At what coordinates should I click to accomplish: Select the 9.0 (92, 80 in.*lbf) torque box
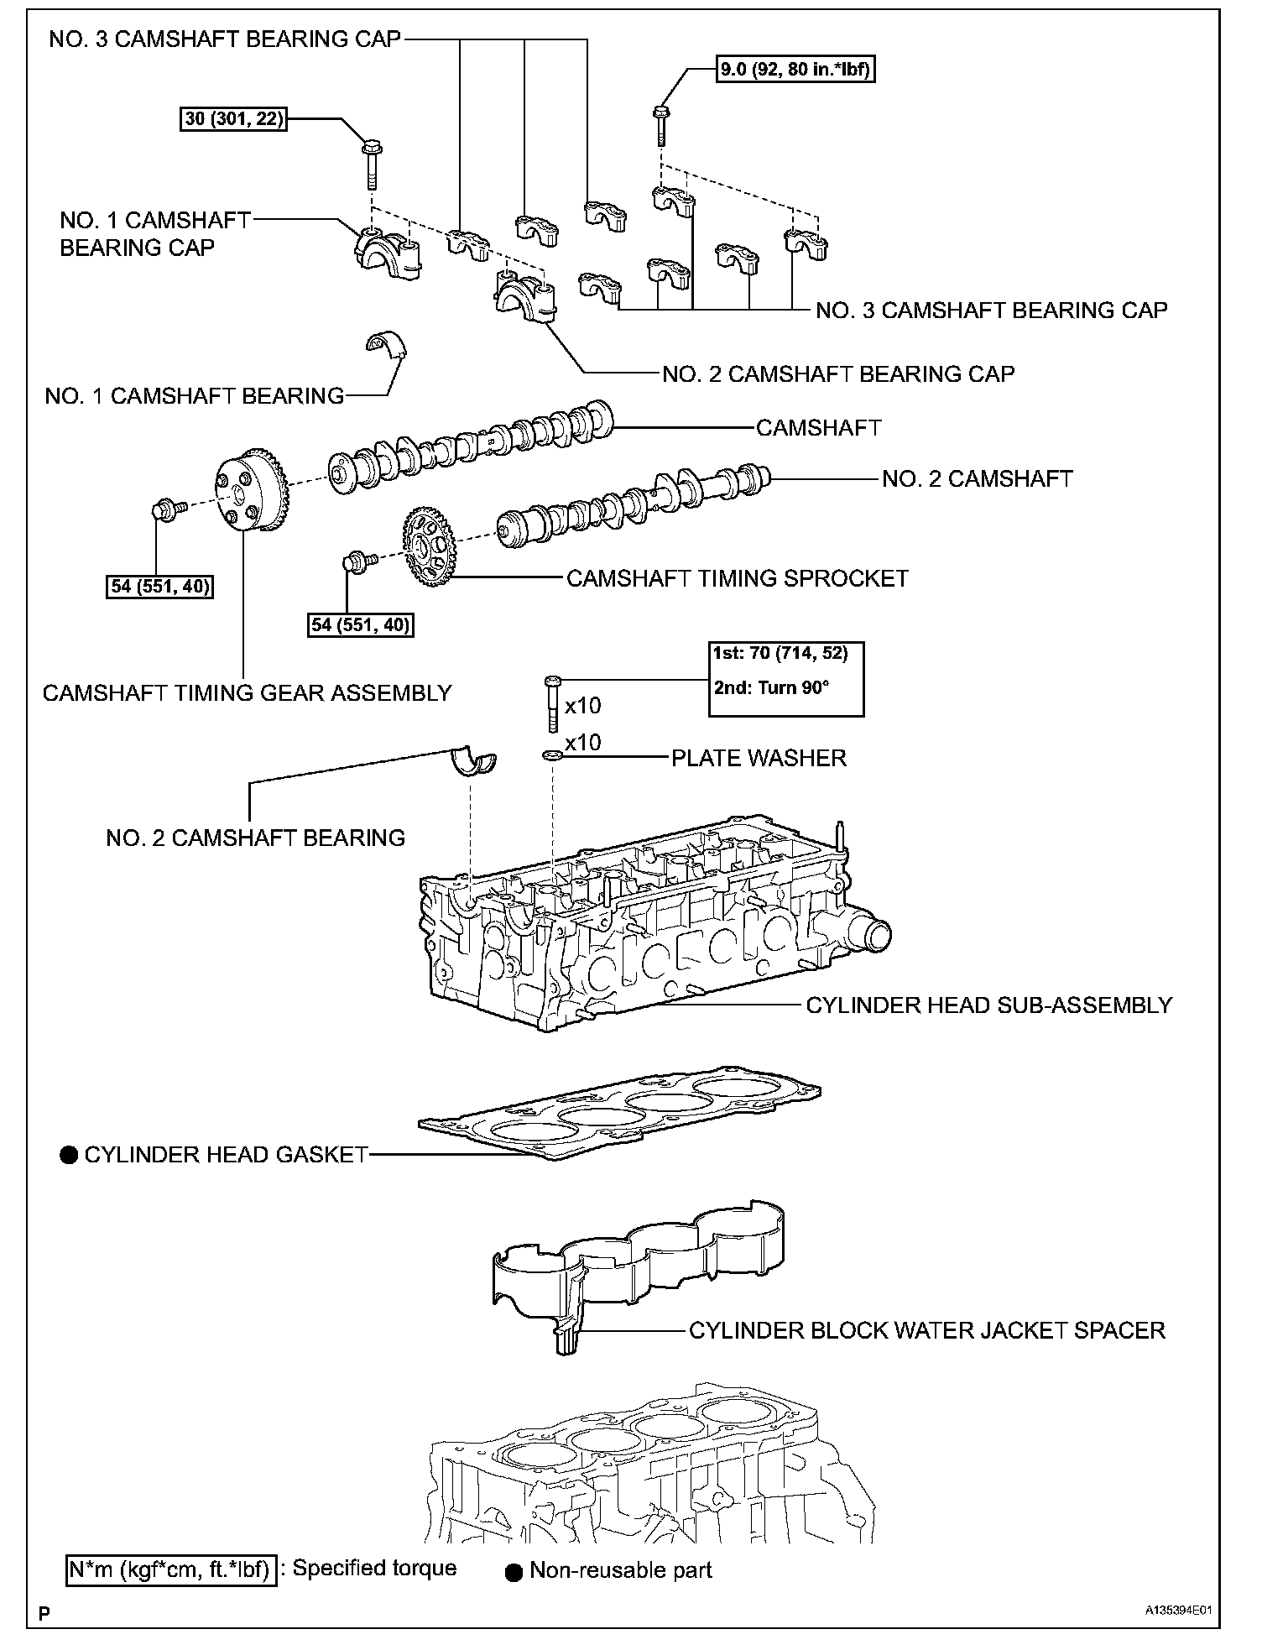[x=795, y=70]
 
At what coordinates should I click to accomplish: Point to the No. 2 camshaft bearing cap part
[x=526, y=300]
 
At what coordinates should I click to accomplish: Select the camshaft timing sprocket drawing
[x=430, y=551]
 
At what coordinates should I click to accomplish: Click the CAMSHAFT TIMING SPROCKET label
[x=737, y=578]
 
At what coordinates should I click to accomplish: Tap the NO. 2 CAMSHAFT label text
[x=977, y=478]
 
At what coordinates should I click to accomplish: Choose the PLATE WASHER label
[x=759, y=758]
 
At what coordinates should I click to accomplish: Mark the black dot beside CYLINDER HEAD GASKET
[x=68, y=1156]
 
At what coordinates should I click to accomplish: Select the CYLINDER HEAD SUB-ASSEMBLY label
[x=988, y=1005]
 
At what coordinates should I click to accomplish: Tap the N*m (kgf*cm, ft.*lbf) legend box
[x=170, y=1570]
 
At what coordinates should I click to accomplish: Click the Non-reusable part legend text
[x=620, y=1570]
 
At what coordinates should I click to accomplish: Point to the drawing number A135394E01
[x=1181, y=1611]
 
